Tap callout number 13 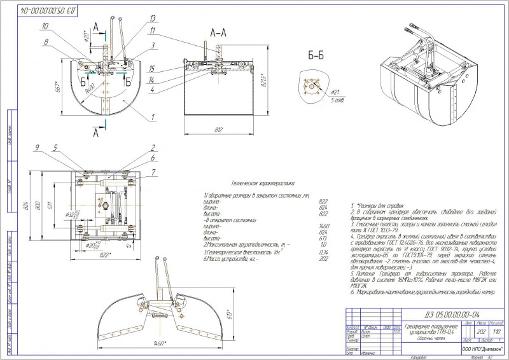[x=136, y=17]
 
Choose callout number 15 [x=152, y=68]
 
